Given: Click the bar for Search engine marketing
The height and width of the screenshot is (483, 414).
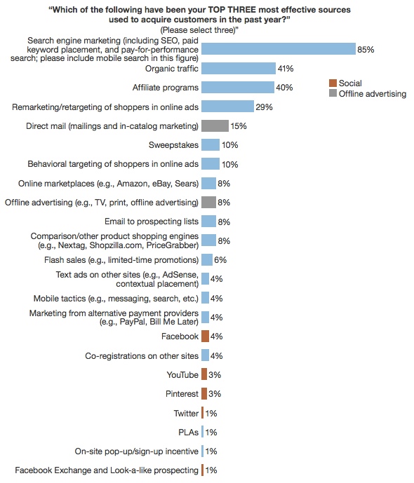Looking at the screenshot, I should (x=278, y=50).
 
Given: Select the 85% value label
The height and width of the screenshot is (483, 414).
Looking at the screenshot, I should (x=366, y=50).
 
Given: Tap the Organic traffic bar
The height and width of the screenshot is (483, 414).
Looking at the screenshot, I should (x=238, y=69).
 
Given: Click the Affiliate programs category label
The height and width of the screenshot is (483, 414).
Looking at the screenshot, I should (x=165, y=88).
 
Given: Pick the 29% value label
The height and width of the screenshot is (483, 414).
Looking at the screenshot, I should (x=264, y=107).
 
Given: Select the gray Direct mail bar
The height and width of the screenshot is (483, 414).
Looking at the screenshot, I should (x=215, y=126).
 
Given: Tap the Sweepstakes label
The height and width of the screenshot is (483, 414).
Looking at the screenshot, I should (x=173, y=145).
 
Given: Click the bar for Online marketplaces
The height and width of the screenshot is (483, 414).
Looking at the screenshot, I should (x=208, y=183).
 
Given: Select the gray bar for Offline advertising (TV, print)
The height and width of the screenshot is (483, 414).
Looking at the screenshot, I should (x=208, y=203).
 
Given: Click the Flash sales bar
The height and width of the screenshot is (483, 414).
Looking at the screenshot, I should (x=207, y=260).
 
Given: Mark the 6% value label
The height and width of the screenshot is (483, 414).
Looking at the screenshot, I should (x=221, y=260).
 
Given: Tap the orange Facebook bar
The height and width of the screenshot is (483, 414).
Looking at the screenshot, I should (x=205, y=336).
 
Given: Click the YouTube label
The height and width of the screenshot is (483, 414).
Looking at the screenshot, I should (x=182, y=375).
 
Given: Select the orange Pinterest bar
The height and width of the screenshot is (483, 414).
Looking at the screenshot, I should (x=204, y=393).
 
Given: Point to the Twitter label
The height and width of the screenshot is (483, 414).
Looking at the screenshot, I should (x=186, y=413).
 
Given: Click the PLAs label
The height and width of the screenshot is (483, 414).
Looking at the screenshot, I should (x=188, y=432).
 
